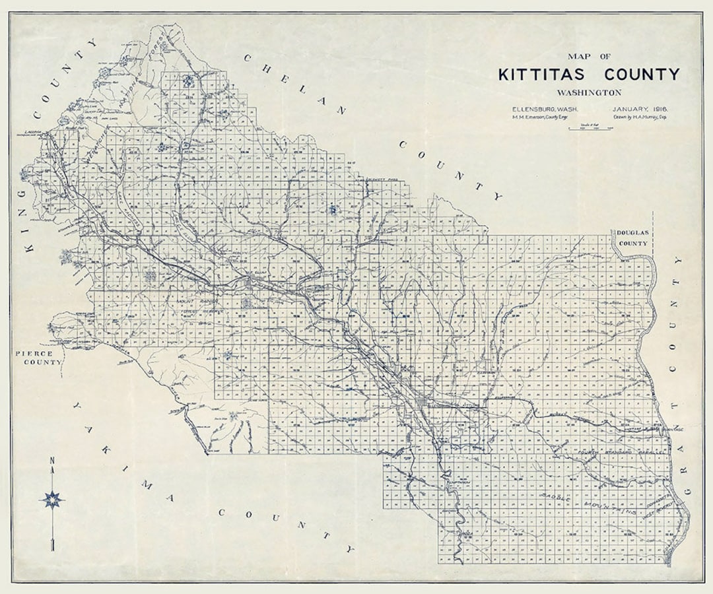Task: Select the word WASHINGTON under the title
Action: click(x=589, y=92)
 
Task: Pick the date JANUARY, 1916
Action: click(x=640, y=109)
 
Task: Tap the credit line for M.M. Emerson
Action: click(x=535, y=117)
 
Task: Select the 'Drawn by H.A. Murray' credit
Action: click(x=640, y=117)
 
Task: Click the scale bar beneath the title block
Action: click(x=590, y=127)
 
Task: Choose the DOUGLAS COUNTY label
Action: click(x=632, y=238)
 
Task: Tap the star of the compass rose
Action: click(x=51, y=499)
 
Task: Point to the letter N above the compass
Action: click(x=51, y=461)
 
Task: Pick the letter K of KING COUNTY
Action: click(x=28, y=249)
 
